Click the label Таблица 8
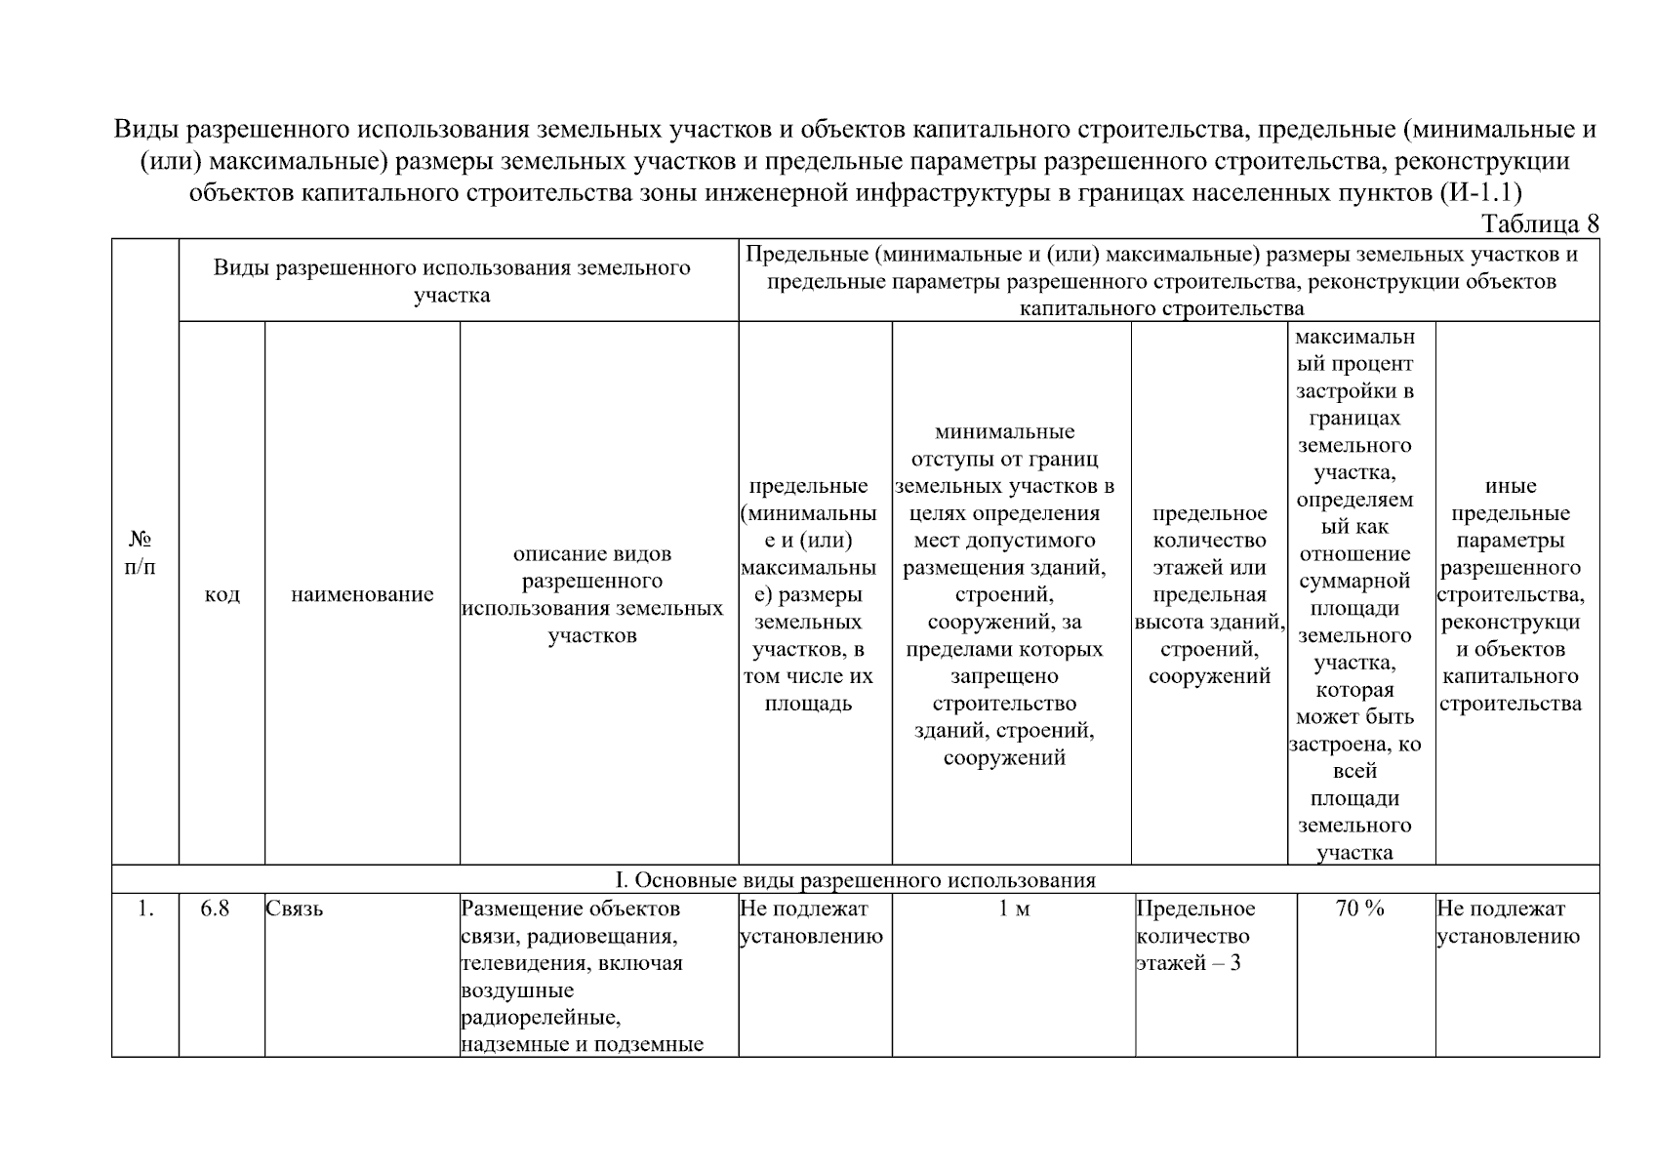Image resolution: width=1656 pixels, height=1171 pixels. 1540,223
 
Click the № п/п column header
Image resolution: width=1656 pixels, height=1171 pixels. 141,552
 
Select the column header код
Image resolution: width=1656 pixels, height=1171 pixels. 222,594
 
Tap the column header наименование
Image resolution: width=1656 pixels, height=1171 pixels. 362,594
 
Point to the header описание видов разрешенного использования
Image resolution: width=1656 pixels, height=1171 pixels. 592,594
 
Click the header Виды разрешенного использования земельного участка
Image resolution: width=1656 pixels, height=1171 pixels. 451,281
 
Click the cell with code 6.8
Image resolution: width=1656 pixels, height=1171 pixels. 215,909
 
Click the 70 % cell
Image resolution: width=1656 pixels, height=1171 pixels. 1359,909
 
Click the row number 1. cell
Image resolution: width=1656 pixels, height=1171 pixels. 145,909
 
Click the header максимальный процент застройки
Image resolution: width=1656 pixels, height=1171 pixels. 1354,594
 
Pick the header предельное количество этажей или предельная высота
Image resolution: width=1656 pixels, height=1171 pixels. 1209,594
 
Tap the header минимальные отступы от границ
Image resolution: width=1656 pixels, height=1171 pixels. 1004,594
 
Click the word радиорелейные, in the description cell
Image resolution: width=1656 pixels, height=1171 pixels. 541,1018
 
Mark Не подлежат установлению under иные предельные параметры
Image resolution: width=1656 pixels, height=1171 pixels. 1508,922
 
